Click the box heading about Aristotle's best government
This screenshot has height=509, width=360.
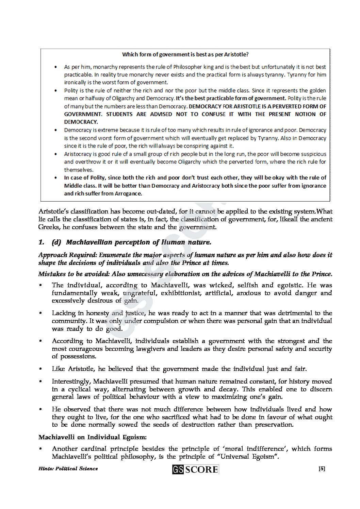click(x=185, y=54)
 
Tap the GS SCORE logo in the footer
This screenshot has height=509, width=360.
click(x=196, y=470)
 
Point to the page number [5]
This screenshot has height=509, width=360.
click(x=322, y=469)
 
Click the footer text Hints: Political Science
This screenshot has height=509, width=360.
click(x=68, y=469)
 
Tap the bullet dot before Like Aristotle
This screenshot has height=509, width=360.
click(x=40, y=369)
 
